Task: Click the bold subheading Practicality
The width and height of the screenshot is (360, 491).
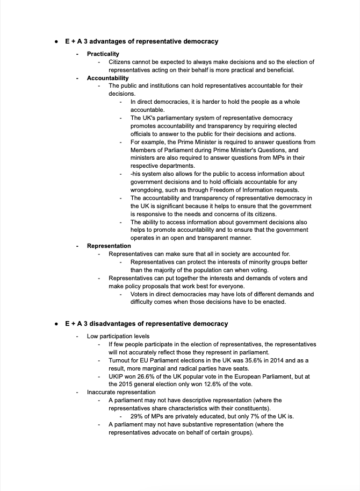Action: [x=103, y=54]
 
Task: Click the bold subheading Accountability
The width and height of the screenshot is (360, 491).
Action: [x=108, y=78]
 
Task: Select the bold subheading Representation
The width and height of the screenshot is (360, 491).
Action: [x=109, y=246]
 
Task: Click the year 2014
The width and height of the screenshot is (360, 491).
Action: [x=275, y=360]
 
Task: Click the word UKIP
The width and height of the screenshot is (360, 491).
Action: [x=117, y=376]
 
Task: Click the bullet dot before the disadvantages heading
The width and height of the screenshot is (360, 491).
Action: [x=56, y=324]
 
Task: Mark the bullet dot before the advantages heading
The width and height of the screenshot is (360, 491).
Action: [x=56, y=41]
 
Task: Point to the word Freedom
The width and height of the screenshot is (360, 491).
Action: [x=207, y=190]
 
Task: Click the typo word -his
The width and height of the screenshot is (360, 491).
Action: [x=137, y=174]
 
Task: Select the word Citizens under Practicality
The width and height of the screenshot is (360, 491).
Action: [x=121, y=62]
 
